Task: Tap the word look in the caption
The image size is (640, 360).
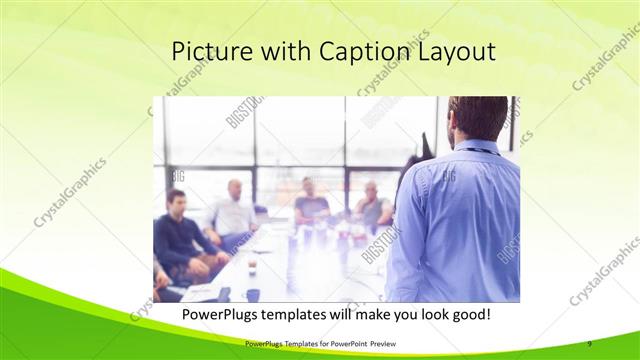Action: (421, 314)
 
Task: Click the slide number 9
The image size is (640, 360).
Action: (590, 343)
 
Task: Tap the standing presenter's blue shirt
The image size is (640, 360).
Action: (455, 220)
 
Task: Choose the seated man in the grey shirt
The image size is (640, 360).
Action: (373, 207)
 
